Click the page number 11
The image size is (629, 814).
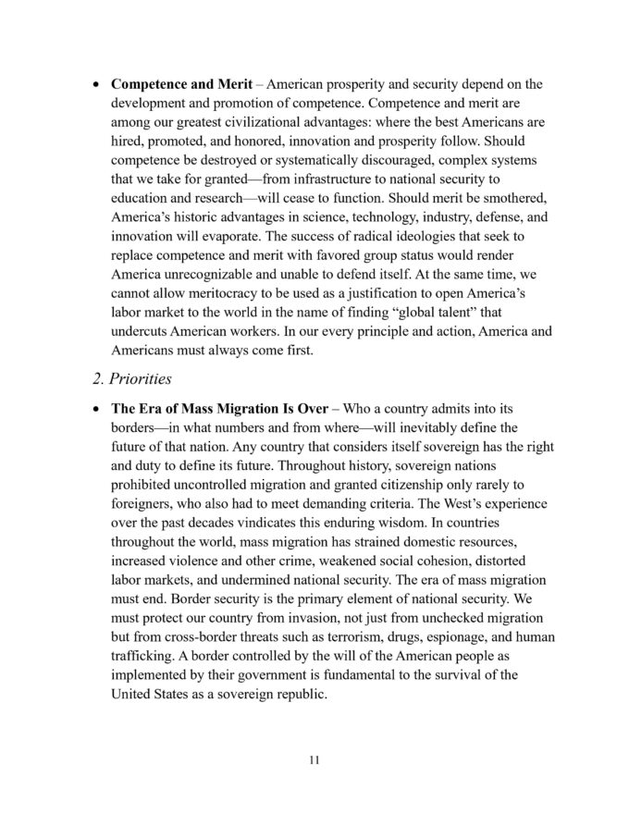pos(314,760)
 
